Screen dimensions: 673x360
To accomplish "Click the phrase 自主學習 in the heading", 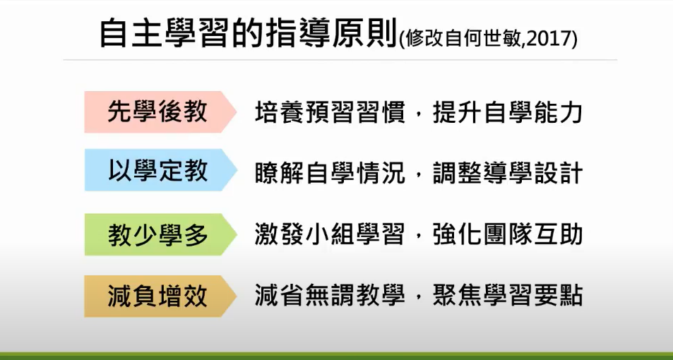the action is click(163, 34).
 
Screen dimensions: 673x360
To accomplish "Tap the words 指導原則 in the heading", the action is click(332, 34).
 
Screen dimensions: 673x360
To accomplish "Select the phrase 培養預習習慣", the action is click(330, 112).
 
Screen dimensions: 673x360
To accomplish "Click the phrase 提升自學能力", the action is click(508, 112).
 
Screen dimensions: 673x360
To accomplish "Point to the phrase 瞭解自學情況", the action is click(330, 172).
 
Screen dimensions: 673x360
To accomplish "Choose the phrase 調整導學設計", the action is click(508, 172).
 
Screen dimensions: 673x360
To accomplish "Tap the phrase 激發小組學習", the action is click(330, 234).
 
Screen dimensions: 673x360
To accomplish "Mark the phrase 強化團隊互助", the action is click(508, 234).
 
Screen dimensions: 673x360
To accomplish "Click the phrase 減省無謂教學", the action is click(330, 295).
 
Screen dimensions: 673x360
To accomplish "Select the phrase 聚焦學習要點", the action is click(508, 295).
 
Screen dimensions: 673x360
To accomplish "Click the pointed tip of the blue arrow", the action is click(237, 170).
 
